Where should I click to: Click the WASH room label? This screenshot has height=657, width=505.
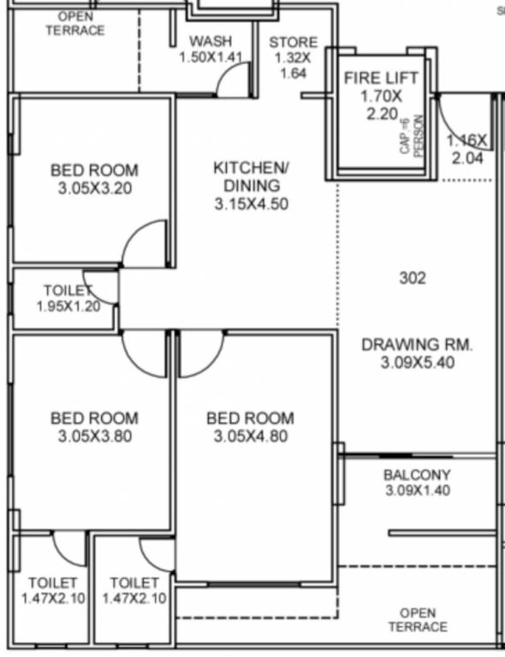(x=211, y=41)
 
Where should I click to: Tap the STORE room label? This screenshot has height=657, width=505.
(x=293, y=42)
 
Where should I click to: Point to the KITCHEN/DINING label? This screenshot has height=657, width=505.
(x=247, y=175)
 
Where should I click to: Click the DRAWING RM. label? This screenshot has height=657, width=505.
(x=417, y=345)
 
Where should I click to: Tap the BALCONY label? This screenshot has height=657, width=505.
(x=417, y=475)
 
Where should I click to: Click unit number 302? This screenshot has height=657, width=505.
(x=413, y=278)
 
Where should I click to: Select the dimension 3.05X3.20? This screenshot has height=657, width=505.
(x=93, y=189)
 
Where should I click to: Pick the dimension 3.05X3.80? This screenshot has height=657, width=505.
(x=93, y=437)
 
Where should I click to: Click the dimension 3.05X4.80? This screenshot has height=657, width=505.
(x=250, y=437)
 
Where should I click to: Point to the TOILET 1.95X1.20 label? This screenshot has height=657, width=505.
(x=68, y=299)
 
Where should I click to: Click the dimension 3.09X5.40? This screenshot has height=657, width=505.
(x=417, y=363)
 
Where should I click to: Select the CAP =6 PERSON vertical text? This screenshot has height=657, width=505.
(x=413, y=135)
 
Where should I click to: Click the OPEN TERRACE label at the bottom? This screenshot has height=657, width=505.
(x=417, y=619)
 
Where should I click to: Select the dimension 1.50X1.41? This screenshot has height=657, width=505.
(x=211, y=57)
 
